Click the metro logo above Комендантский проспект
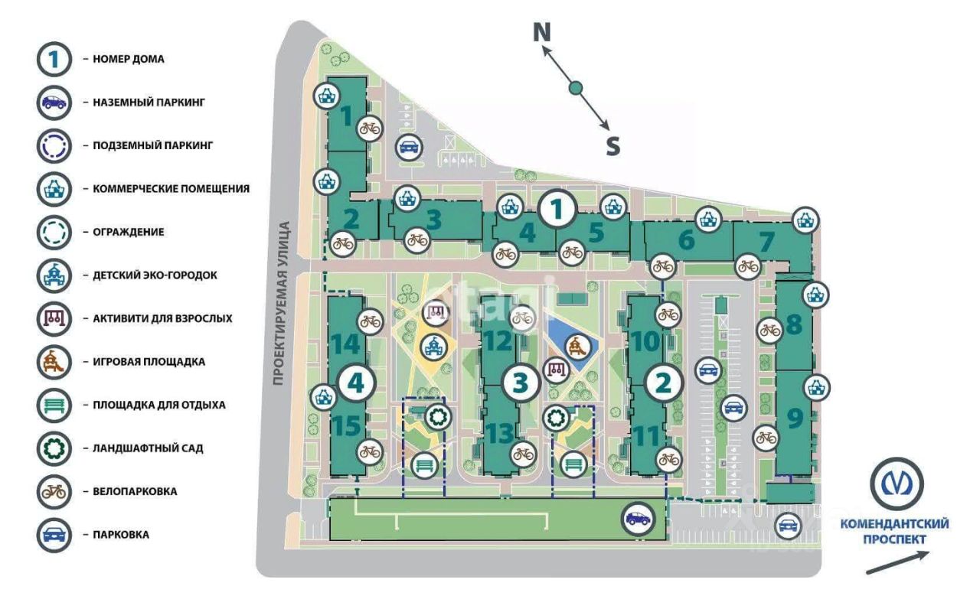click(897, 484)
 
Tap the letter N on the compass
click(542, 32)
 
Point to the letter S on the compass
click(613, 146)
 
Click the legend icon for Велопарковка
click(54, 491)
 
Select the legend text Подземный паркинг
click(152, 145)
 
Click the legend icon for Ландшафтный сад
click(54, 448)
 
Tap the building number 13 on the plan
click(501, 433)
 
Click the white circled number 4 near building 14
click(355, 383)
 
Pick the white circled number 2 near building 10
click(663, 383)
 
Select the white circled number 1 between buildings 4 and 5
click(557, 210)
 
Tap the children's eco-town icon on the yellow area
click(433, 347)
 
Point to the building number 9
click(795, 418)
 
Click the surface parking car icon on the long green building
click(639, 519)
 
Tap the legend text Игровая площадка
click(149, 362)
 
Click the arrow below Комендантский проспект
click(897, 562)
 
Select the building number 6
click(686, 239)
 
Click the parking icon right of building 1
click(409, 148)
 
